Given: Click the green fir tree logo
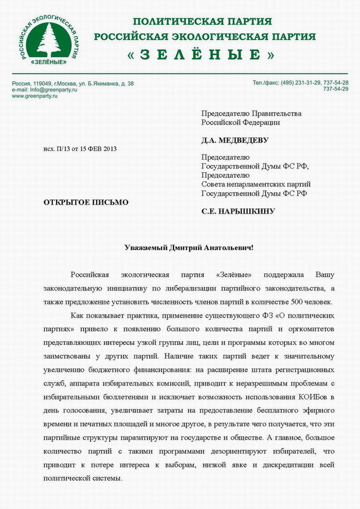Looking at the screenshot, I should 49,40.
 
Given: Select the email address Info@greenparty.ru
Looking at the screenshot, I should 54,90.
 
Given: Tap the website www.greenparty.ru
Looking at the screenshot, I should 34,96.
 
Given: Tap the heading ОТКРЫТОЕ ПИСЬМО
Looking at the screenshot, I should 86,202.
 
